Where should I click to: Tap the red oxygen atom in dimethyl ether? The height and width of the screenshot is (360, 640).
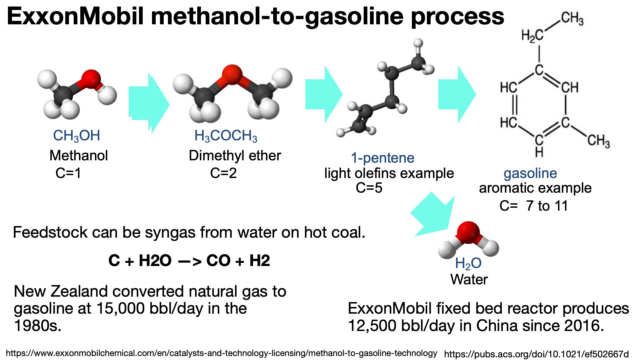point(232,74)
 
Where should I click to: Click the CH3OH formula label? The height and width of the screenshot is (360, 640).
point(76,136)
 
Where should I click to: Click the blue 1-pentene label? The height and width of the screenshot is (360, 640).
point(382,158)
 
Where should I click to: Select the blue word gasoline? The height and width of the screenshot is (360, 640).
point(530,173)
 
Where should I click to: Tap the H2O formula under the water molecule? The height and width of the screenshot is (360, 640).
point(468,263)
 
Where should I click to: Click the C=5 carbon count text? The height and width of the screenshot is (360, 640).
point(369,188)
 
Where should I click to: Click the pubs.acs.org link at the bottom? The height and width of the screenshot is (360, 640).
point(536,354)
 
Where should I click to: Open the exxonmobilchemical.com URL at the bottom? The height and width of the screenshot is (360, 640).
point(221,353)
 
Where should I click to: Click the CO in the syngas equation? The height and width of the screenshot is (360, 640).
point(218,261)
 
